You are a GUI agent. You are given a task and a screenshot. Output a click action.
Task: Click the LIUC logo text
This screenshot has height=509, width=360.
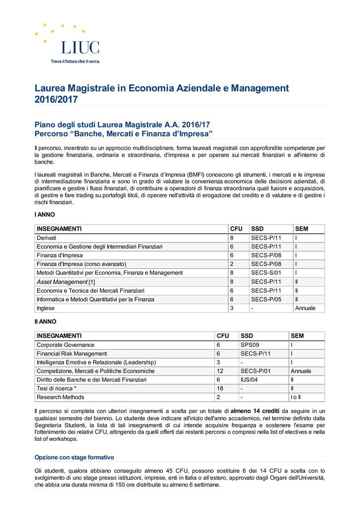(80, 48)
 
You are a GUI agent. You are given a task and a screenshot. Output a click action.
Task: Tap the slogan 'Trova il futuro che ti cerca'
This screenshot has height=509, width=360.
(76, 62)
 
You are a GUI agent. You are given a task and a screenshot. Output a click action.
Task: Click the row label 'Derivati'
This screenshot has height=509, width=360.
(46, 238)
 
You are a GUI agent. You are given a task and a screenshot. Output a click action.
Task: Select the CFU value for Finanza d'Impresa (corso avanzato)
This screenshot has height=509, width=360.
(231, 264)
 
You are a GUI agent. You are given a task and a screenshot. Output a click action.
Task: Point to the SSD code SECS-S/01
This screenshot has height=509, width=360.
(266, 272)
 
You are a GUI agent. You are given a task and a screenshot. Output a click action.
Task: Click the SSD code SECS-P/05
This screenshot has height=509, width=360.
(266, 299)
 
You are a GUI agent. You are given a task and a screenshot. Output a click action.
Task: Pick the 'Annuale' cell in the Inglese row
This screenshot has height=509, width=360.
(305, 308)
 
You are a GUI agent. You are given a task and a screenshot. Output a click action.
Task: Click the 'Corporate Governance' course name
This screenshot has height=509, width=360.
(65, 345)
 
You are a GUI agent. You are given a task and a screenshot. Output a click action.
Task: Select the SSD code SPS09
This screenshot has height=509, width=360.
(251, 345)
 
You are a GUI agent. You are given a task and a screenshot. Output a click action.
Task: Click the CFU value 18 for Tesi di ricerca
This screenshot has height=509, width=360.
(220, 388)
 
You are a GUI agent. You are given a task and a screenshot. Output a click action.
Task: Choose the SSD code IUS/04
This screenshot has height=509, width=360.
(249, 380)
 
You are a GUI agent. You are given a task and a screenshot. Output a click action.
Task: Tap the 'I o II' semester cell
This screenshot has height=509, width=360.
(296, 397)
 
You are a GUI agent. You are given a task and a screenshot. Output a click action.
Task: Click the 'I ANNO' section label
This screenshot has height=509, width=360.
(44, 215)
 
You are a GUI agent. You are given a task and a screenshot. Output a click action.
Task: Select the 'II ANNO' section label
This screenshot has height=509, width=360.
(45, 322)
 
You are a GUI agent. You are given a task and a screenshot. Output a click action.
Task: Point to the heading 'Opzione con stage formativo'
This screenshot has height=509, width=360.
(74, 457)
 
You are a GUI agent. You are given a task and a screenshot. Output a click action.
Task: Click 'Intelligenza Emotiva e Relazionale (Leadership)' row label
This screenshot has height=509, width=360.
(96, 362)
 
